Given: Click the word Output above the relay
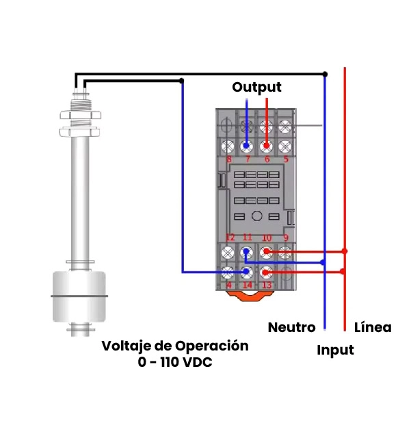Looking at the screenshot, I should pyautogui.click(x=256, y=87).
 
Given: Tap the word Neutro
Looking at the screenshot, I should pyautogui.click(x=291, y=327).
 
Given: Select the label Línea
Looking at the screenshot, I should pyautogui.click(x=373, y=327).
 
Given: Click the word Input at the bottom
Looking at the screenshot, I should pyautogui.click(x=335, y=350).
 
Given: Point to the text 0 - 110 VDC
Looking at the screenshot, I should pyautogui.click(x=174, y=363).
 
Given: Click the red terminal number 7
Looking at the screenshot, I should pyautogui.click(x=247, y=160).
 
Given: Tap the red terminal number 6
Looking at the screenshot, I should pyautogui.click(x=267, y=160).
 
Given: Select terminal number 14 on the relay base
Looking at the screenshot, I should pyautogui.click(x=247, y=285).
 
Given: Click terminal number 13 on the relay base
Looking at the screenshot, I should pyautogui.click(x=267, y=285).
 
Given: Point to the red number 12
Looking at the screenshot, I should pyautogui.click(x=230, y=238).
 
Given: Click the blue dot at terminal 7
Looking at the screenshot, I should pyautogui.click(x=247, y=146).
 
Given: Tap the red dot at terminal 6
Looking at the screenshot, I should pyautogui.click(x=267, y=146).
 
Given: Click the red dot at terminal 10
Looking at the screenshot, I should pyautogui.click(x=267, y=252).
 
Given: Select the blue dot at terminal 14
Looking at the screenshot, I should pyautogui.click(x=247, y=272).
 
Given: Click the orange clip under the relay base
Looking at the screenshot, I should pyautogui.click(x=248, y=296).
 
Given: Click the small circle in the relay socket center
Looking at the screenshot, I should pyautogui.click(x=256, y=216).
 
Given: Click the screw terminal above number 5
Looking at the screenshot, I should pyautogui.click(x=286, y=146).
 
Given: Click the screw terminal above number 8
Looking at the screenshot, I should pyautogui.click(x=229, y=146).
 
